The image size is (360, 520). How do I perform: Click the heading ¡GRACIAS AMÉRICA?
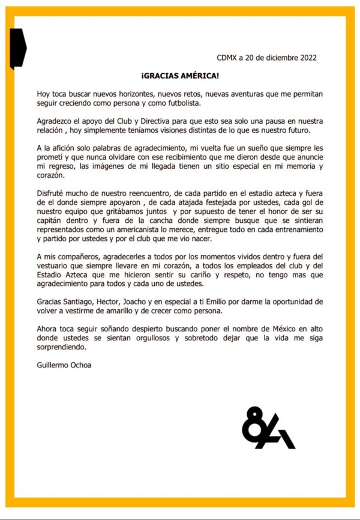pyautogui.click(x=180, y=77)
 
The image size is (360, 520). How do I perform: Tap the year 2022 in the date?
pyautogui.click(x=306, y=58)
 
